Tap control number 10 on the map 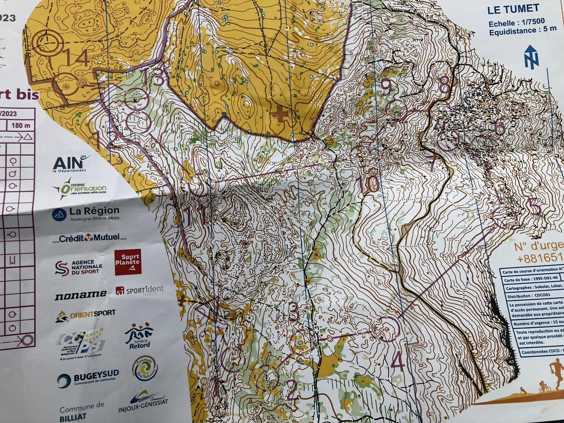click(x=369, y=183)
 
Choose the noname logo click(x=80, y=294)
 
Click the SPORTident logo click(x=140, y=290)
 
